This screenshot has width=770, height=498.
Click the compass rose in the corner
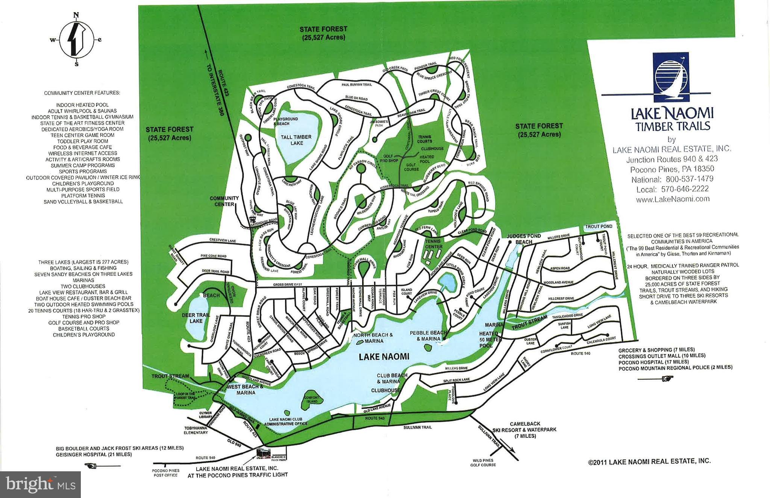(76, 39)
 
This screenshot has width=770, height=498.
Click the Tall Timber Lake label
(296, 140)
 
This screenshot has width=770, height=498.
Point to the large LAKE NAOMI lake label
(384, 357)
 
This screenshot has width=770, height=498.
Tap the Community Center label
(224, 201)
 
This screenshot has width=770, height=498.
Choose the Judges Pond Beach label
(523, 239)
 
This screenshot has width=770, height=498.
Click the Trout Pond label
(598, 226)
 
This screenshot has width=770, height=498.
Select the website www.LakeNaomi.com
(672, 199)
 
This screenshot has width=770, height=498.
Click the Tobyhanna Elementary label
(196, 430)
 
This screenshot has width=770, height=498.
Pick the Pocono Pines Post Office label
(165, 473)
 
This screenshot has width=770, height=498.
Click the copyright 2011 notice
(649, 461)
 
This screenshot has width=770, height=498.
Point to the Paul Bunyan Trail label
(356, 85)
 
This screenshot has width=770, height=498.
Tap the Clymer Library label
(206, 414)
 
